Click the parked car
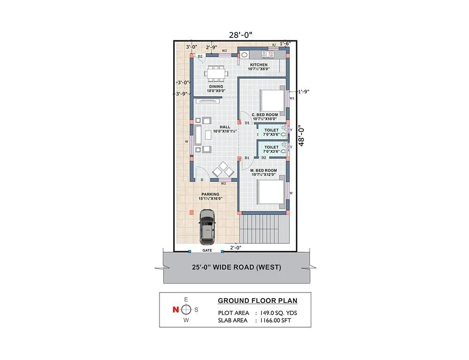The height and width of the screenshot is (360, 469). (207, 226)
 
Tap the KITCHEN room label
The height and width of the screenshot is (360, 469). (259, 65)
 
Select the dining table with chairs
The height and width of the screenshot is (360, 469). (216, 73)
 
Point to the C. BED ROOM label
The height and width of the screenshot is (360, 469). (265, 114)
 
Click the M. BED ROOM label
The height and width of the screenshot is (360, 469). (264, 171)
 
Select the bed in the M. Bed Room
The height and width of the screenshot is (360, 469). (271, 193)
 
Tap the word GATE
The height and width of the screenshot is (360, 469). (207, 250)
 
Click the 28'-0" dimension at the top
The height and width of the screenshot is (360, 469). (241, 34)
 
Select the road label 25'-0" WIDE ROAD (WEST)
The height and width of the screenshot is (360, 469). (236, 268)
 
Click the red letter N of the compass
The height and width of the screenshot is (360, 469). (175, 309)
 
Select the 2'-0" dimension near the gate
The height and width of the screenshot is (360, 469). (235, 247)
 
